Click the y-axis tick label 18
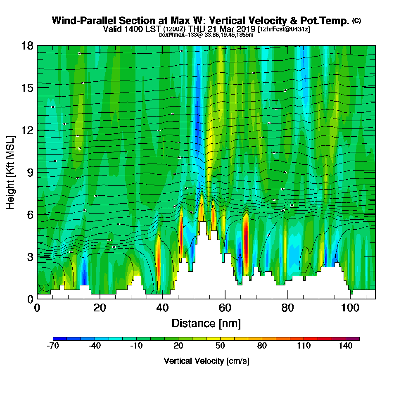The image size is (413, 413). click(27, 45)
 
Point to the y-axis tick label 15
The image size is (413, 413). click(27, 88)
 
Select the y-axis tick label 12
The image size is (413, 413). click(27, 130)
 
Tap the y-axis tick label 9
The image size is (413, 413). click(30, 172)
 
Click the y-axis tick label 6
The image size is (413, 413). click(30, 214)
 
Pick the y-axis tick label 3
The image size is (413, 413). click(30, 257)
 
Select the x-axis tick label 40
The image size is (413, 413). click(163, 308)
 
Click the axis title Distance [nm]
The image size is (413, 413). click(206, 323)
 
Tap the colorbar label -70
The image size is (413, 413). click(54, 346)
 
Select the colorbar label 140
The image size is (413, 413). click(346, 346)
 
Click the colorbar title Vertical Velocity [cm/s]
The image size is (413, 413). click(206, 361)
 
